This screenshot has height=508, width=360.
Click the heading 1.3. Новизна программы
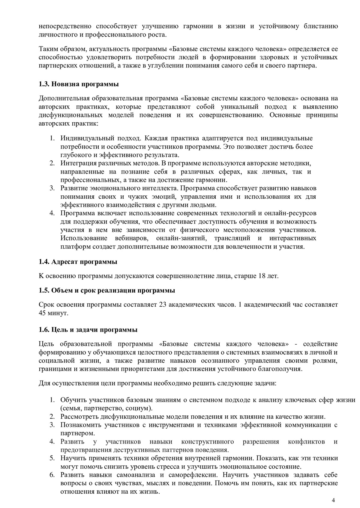pos(79,84)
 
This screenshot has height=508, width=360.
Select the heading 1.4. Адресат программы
pos(78,262)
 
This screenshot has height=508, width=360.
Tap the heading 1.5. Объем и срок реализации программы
pos(107,290)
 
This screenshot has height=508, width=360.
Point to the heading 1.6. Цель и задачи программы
pos(88,330)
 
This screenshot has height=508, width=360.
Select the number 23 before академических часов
pos(163,305)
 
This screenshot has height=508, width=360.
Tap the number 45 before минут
pos(43,313)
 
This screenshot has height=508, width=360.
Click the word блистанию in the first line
pos(321,26)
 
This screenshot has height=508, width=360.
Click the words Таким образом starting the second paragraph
pos(58,49)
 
